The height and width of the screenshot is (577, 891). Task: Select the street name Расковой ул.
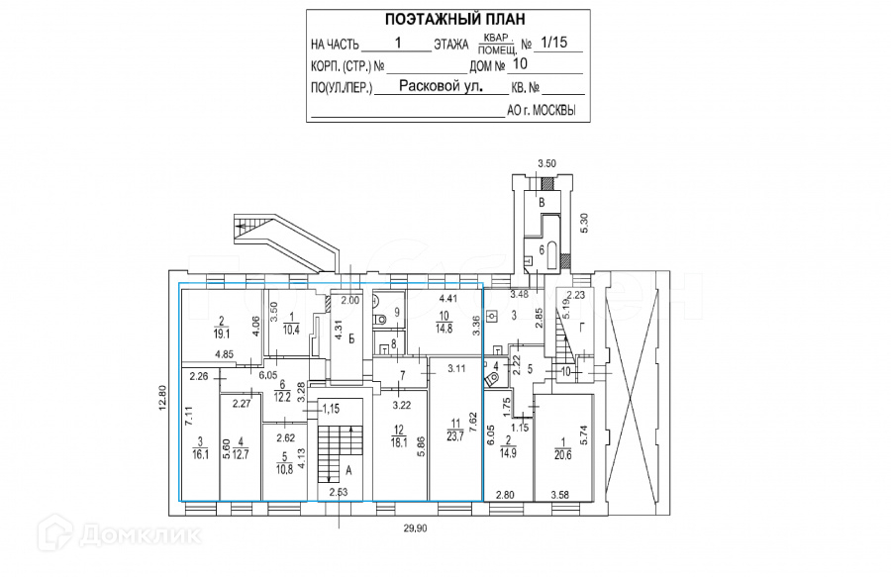441,86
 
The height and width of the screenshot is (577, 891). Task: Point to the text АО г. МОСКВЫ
542,111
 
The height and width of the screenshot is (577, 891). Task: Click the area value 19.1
224,335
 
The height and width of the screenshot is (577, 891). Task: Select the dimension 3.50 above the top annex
547,163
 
